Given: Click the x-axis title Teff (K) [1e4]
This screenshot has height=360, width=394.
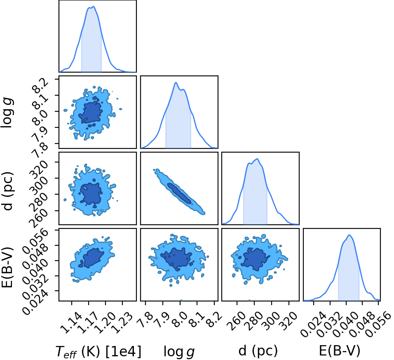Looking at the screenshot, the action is [x=98, y=351].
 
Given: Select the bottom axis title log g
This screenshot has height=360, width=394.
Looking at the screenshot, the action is [x=179, y=351].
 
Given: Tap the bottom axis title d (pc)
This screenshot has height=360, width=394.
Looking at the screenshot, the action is [x=258, y=351].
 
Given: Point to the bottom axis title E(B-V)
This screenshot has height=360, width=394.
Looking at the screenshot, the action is [x=340, y=351].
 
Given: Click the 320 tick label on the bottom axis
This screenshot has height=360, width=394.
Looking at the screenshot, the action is [x=288, y=321].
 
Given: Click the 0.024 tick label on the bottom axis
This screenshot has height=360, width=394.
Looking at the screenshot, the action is [x=313, y=324].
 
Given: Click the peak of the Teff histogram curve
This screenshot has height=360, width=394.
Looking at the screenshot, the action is [x=93, y=7].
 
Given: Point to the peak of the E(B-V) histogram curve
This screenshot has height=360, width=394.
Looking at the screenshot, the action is [x=349, y=235].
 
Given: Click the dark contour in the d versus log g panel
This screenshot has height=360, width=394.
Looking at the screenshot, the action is [x=179, y=193].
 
